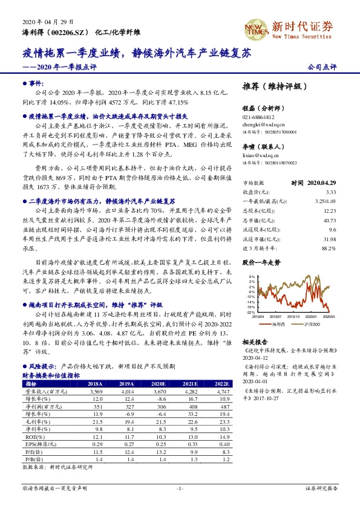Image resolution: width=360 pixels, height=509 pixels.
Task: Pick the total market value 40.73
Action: click(x=327, y=219)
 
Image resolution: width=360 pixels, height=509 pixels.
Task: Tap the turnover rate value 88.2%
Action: click(x=327, y=247)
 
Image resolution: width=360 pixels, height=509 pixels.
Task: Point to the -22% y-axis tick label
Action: click(x=250, y=313)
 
